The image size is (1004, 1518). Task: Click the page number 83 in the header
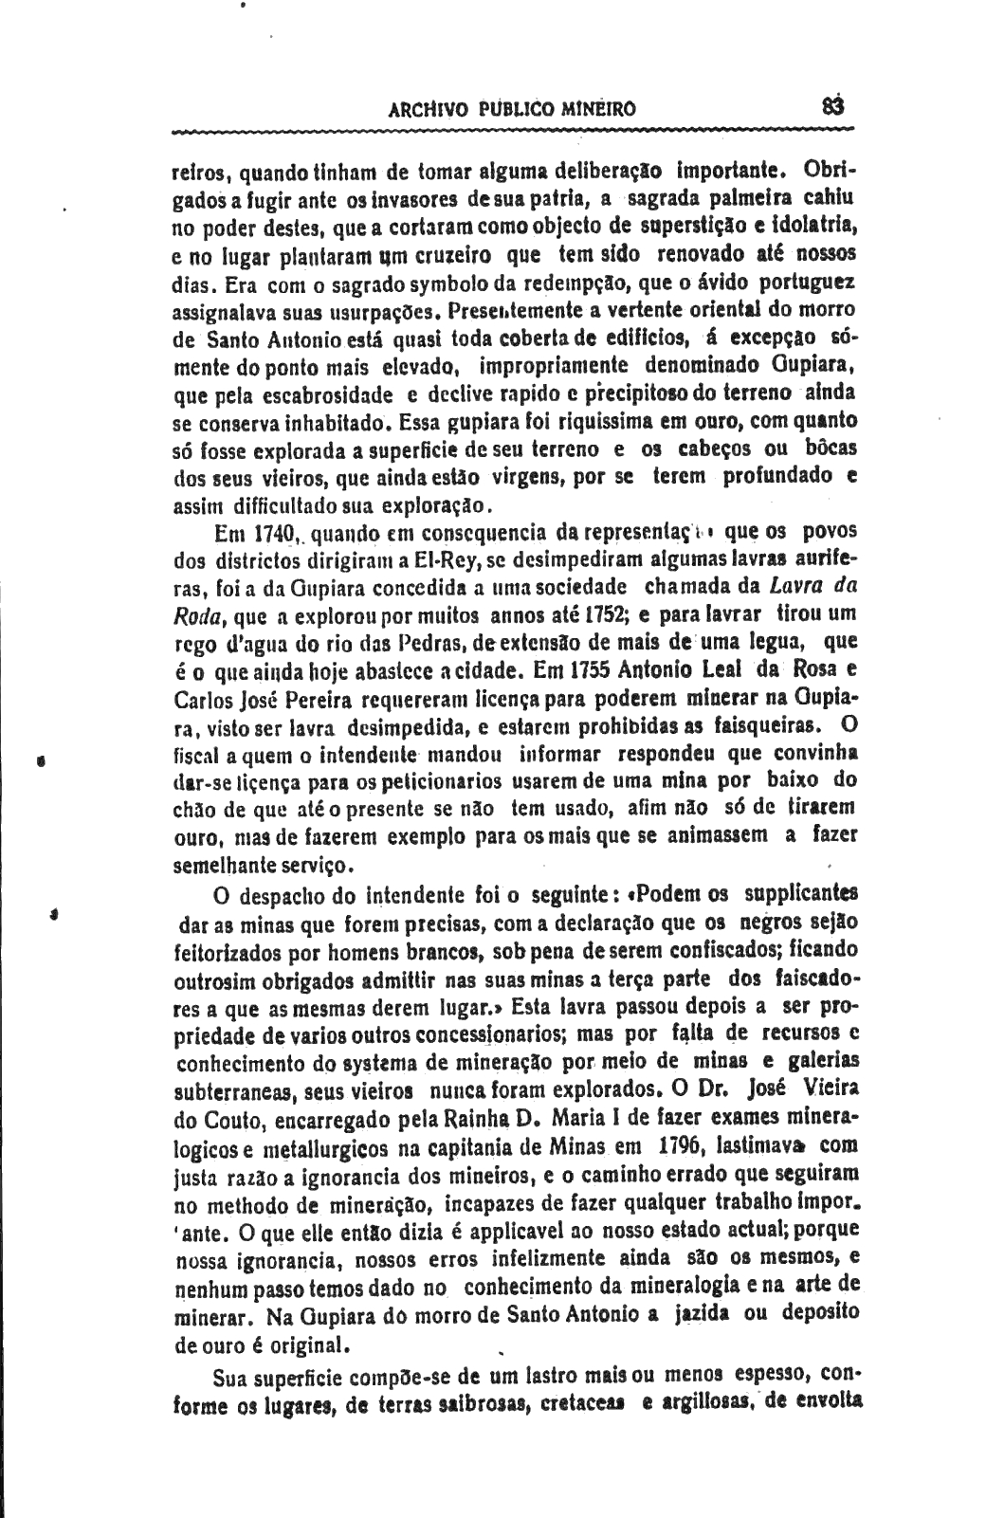point(833,106)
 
